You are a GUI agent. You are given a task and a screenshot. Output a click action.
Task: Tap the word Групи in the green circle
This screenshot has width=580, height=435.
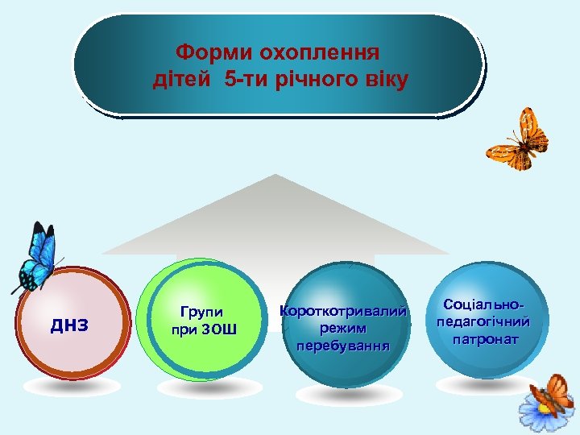tap(203, 311)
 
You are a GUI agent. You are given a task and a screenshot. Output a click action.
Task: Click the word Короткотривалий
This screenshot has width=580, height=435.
tap(343, 311)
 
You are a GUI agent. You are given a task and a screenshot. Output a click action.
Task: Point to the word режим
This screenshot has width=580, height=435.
tap(342, 329)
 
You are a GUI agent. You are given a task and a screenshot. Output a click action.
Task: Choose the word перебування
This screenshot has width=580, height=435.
tap(342, 346)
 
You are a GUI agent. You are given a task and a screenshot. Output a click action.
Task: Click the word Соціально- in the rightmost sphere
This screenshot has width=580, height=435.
tap(483, 304)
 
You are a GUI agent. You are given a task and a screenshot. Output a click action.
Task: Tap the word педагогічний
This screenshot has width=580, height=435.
tap(483, 321)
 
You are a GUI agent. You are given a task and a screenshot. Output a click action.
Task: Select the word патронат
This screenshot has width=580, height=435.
tap(484, 339)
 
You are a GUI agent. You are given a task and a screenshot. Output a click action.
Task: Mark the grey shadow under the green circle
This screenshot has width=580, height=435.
tap(204, 389)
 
